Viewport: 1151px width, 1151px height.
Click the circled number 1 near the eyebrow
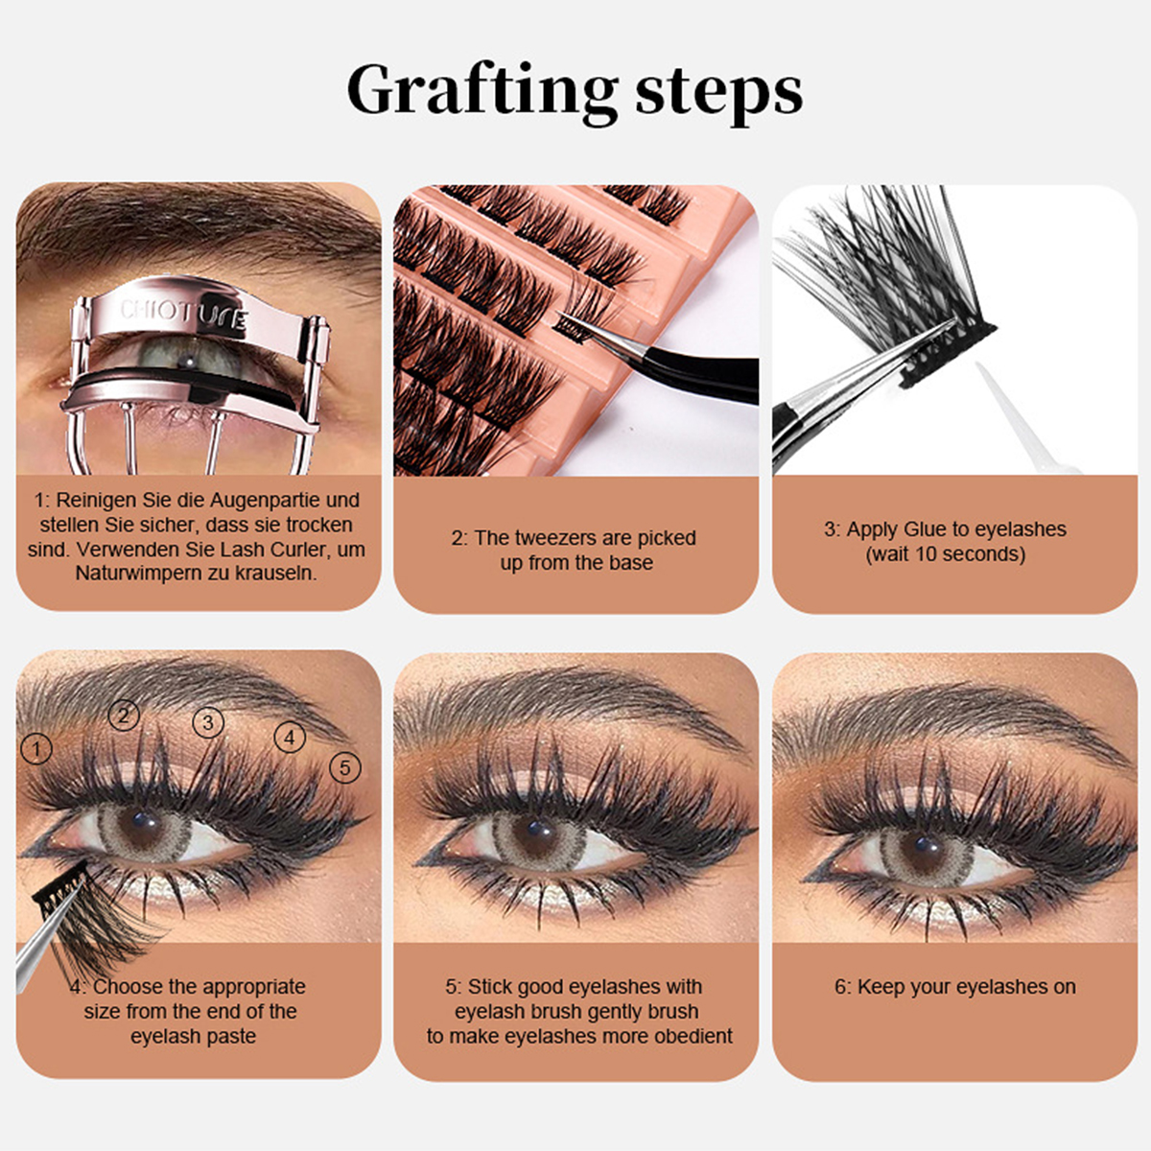[x=36, y=749]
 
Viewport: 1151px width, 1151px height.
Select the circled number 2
[x=124, y=715]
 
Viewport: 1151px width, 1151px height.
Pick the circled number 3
[x=208, y=722]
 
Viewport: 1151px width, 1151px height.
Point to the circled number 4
[x=290, y=738]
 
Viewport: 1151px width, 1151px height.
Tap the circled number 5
[x=345, y=767]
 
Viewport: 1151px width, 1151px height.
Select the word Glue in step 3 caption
[x=927, y=529]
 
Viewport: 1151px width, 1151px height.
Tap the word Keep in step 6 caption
[x=879, y=987]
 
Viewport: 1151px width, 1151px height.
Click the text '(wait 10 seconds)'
[x=946, y=554]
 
